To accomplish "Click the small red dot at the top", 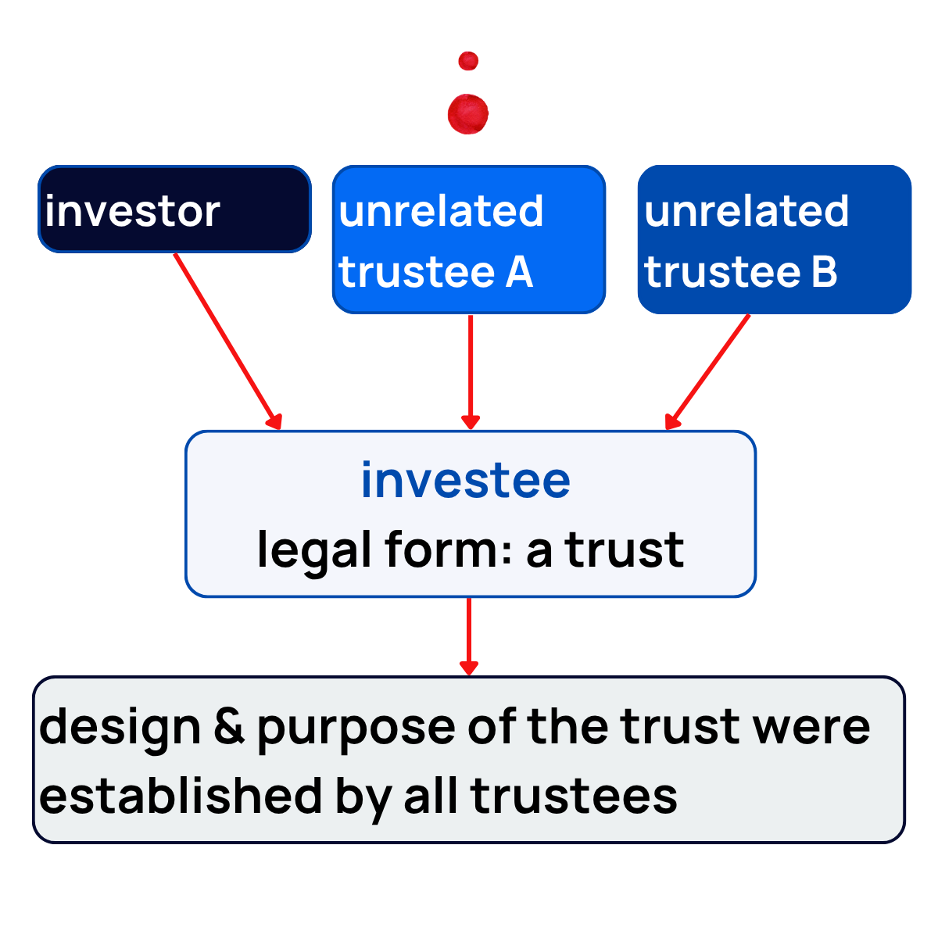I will (468, 61).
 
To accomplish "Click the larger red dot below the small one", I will (468, 114).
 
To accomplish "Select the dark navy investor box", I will (174, 209).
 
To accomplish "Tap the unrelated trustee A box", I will (469, 239).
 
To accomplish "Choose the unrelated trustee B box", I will (774, 239).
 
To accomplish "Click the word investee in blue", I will (466, 480).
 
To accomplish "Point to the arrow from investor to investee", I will (227, 341).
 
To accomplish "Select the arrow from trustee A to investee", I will (471, 371).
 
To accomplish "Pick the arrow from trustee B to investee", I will (707, 372).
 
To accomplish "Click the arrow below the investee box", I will (469, 635).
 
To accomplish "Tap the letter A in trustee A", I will (519, 273).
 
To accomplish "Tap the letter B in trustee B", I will (824, 273).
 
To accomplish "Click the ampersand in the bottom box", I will (228, 726).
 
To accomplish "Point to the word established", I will (181, 797).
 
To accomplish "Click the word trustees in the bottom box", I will (574, 797).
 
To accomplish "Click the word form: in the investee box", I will (449, 550).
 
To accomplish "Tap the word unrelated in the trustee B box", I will (746, 211).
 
